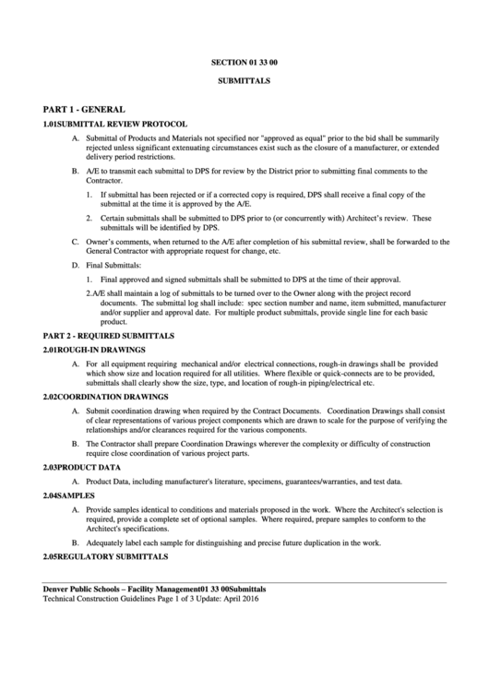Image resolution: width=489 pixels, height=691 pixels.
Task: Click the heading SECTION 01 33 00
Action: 244,63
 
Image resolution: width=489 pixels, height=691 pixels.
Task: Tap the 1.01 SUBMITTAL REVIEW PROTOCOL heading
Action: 115,124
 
